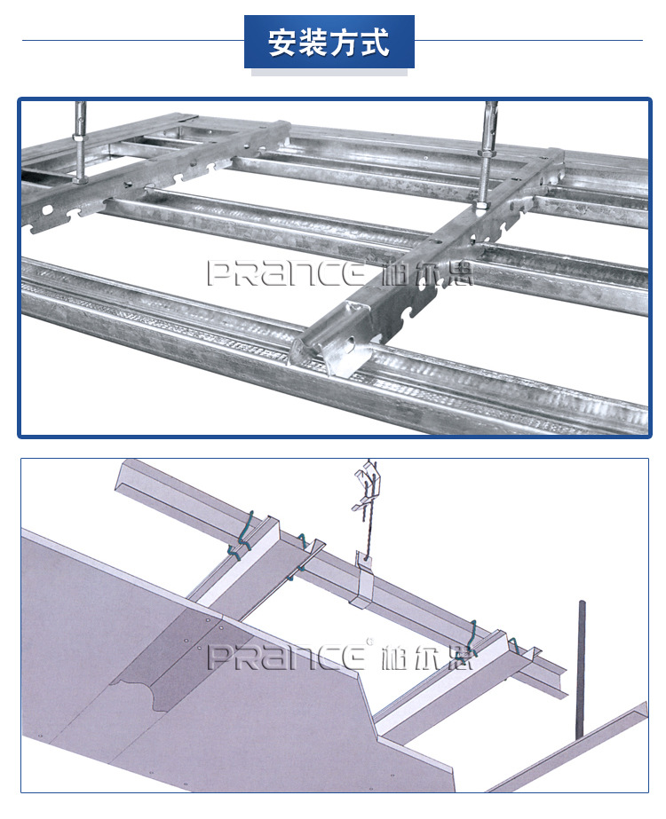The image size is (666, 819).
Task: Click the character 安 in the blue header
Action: pos(283,43)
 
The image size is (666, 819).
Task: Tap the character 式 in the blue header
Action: pos(375,43)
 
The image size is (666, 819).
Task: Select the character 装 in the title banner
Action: pos(313,43)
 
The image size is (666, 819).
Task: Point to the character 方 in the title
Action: pos(345,43)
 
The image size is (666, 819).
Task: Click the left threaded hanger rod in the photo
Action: pos(80,142)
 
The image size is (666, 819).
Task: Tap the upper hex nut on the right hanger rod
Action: pos(488,154)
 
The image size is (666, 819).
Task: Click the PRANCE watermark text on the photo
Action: pos(287,272)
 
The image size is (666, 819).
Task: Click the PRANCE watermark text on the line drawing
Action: pos(287,657)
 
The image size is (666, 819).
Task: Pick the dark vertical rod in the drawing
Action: pos(580,670)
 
